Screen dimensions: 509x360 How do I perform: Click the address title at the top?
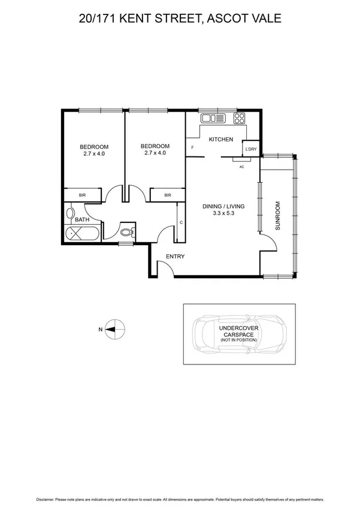point(180,19)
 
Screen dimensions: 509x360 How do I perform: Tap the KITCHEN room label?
point(220,140)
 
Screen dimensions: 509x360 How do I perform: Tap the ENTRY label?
point(176,257)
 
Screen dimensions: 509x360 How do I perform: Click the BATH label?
point(82,219)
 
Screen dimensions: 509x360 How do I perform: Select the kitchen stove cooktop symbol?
point(240,118)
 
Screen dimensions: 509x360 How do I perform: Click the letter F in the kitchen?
point(192,147)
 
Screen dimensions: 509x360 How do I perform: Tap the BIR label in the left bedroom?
point(83,195)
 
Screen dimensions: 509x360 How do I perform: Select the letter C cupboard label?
point(181,222)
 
